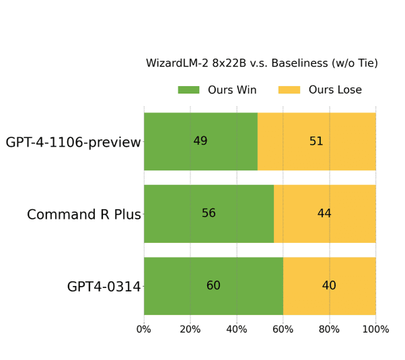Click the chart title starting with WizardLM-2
[x=262, y=63]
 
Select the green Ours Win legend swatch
[x=188, y=90]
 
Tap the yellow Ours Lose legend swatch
[x=289, y=90]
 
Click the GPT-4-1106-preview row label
[x=73, y=143]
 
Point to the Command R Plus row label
[x=84, y=215]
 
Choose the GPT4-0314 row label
[x=104, y=287]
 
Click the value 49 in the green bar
[x=200, y=141]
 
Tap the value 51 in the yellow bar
[x=316, y=141]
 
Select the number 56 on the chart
[x=209, y=213]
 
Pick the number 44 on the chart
[x=324, y=213]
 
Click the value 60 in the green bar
[x=213, y=285]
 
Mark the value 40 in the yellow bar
[x=329, y=285]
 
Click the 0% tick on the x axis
[x=144, y=329]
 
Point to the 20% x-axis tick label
[x=190, y=329]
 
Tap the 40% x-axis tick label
[x=237, y=329]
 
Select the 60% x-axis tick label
[x=283, y=329]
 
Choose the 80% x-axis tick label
[x=330, y=329]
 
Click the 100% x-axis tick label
[x=375, y=329]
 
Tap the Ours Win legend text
[x=232, y=90]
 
